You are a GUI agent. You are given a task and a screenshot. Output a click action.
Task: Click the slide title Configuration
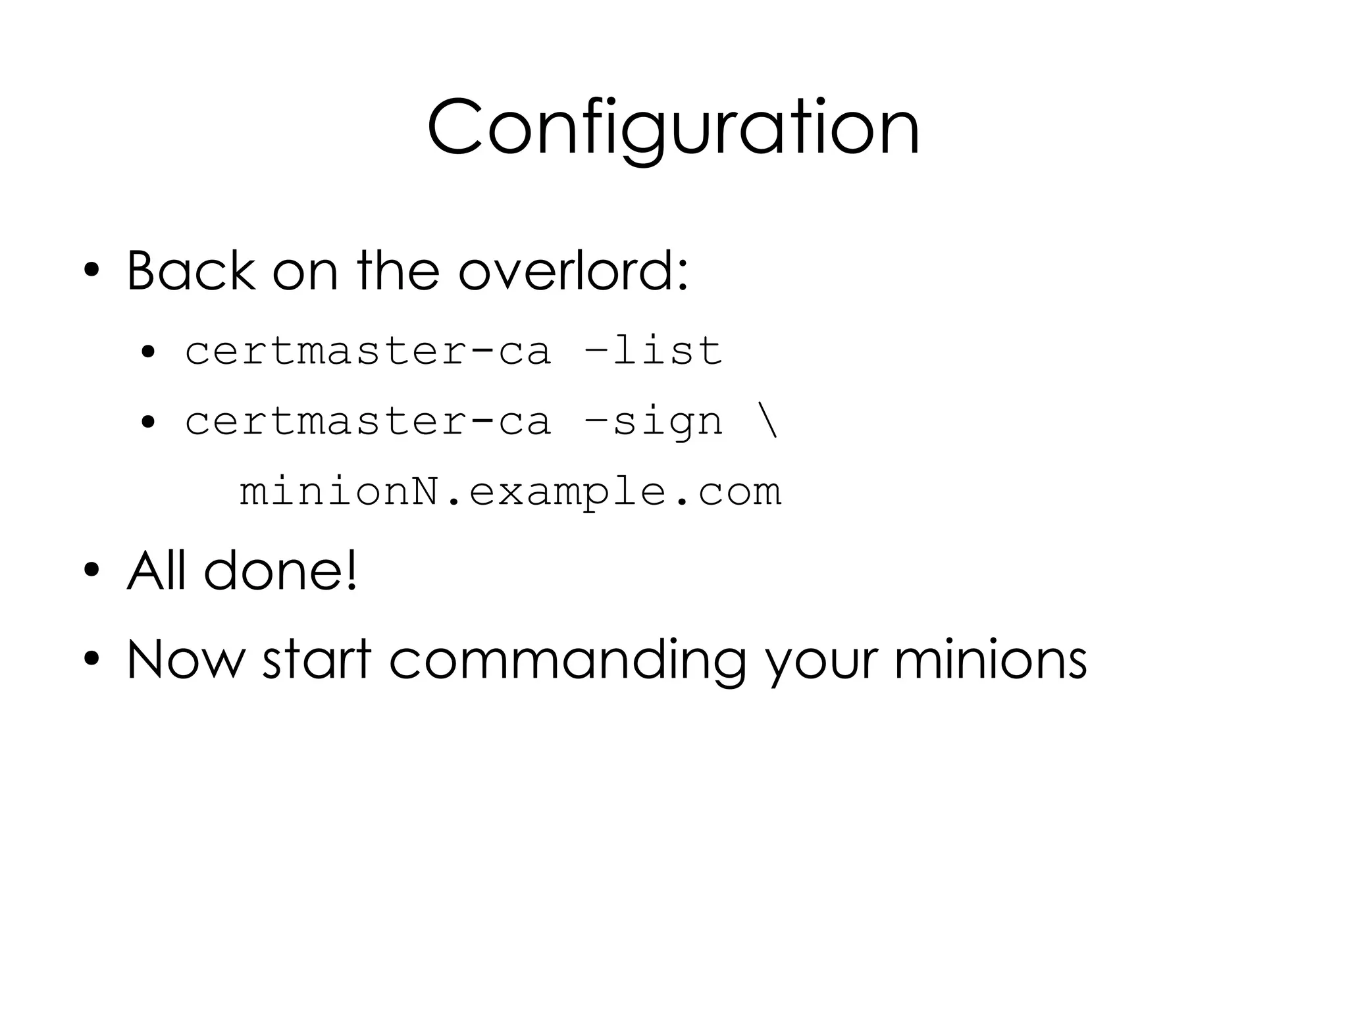pyautogui.click(x=673, y=126)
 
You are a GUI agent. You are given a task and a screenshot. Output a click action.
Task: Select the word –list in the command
pyautogui.click(x=653, y=350)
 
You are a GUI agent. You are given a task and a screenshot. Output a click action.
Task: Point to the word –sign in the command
pyautogui.click(x=653, y=421)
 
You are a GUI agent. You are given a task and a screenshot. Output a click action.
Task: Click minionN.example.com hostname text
pyautogui.click(x=510, y=492)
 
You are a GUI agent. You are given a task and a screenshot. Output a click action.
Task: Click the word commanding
pyautogui.click(x=567, y=660)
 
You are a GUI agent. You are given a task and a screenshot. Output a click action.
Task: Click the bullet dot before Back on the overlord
pyautogui.click(x=91, y=271)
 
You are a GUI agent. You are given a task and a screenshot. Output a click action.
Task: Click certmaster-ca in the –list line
pyautogui.click(x=367, y=350)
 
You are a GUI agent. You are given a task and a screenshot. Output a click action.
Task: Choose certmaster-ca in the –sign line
pyautogui.click(x=367, y=421)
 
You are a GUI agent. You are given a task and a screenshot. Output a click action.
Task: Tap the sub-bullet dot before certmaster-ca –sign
pyautogui.click(x=148, y=422)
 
